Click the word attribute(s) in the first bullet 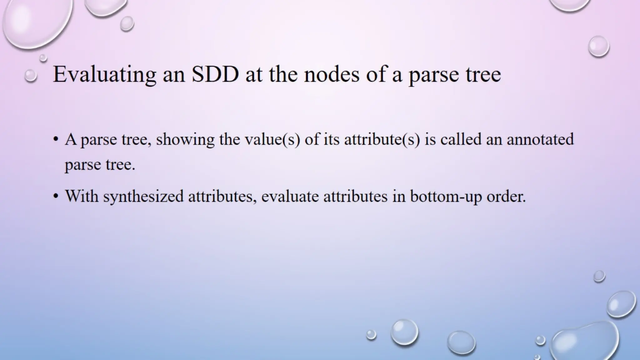pyautogui.click(x=382, y=139)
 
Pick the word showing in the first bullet pyautogui.click(x=185, y=139)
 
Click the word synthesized pyautogui.click(x=143, y=197)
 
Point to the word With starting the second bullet pyautogui.click(x=82, y=197)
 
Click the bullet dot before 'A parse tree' pyautogui.click(x=56, y=139)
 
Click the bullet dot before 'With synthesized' pyautogui.click(x=56, y=197)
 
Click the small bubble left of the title pyautogui.click(x=31, y=76)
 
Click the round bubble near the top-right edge pyautogui.click(x=598, y=46)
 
